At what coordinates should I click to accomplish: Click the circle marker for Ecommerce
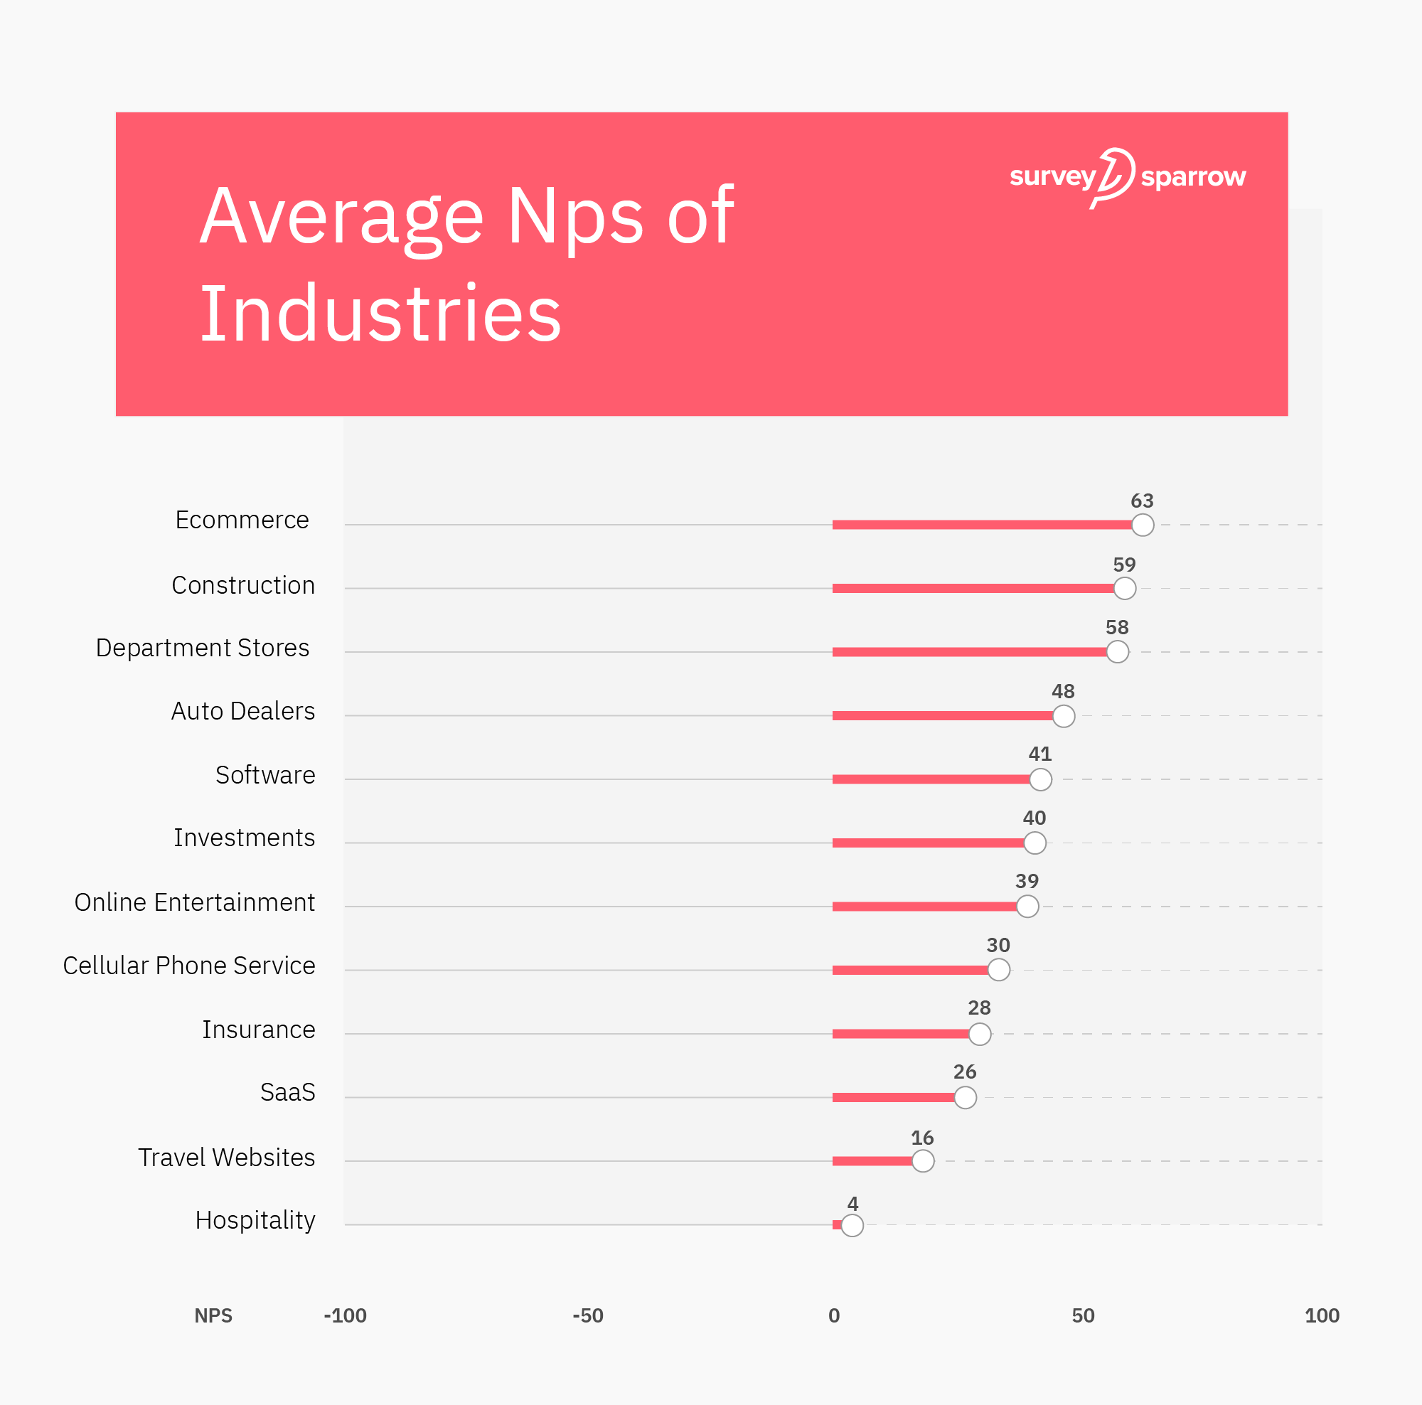click(x=1143, y=525)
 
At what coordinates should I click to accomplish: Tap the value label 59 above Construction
click(x=1124, y=565)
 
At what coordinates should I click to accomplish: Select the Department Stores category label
click(x=203, y=648)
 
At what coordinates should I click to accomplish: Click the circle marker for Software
click(x=1040, y=779)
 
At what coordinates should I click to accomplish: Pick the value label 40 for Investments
click(x=1034, y=818)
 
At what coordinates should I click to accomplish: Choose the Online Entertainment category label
click(x=194, y=902)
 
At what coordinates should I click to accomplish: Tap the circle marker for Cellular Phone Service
click(x=998, y=970)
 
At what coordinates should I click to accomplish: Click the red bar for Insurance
click(x=901, y=1034)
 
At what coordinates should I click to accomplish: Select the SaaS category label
click(x=287, y=1092)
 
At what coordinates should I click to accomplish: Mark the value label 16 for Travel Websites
click(x=922, y=1138)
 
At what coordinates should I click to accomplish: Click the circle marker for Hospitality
click(x=852, y=1225)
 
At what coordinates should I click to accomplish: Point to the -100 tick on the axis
click(x=346, y=1316)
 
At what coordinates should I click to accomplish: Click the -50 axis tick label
click(x=587, y=1316)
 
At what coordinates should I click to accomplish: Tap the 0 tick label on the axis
click(x=834, y=1316)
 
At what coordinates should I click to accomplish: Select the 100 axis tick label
click(x=1322, y=1316)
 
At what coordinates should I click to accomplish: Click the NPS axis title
click(x=213, y=1316)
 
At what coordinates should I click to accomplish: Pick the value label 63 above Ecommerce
click(x=1142, y=501)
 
